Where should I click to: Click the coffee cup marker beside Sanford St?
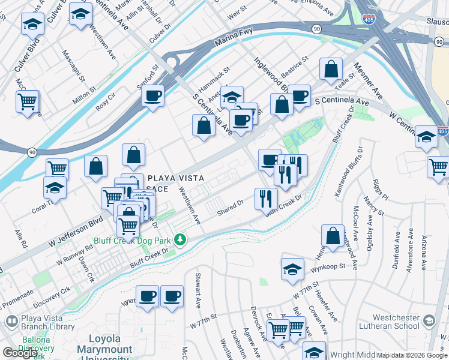coord(153,95)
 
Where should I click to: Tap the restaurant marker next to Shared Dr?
coord(266,198)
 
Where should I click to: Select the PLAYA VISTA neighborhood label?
coord(176,178)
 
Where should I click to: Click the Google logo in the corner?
coord(20,353)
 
